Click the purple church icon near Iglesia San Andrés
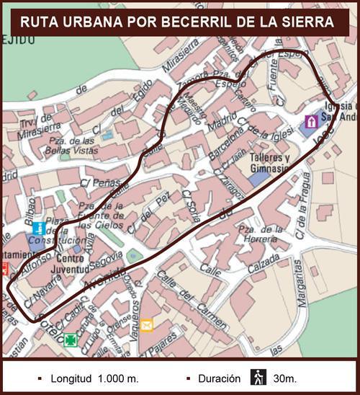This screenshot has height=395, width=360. pyautogui.click(x=311, y=121)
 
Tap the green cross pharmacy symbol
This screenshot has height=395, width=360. pyautogui.click(x=70, y=339)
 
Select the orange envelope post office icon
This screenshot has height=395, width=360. pyautogui.click(x=146, y=325)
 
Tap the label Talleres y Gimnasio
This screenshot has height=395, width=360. pyautogui.click(x=269, y=163)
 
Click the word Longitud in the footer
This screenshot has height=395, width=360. pyautogui.click(x=69, y=378)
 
